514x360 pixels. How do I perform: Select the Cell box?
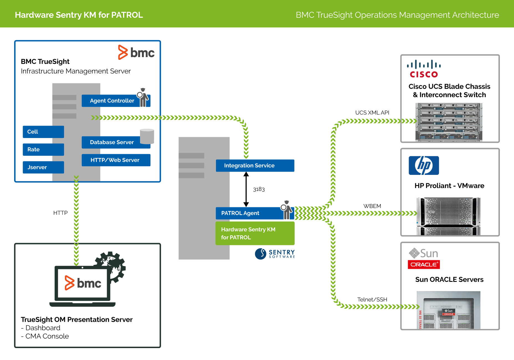(43, 132)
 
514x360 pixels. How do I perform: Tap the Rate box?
(43, 149)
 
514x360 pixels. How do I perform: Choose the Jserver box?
(43, 167)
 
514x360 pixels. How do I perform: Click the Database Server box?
(112, 142)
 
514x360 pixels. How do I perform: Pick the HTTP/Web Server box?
(116, 160)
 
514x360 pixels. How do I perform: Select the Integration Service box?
(255, 165)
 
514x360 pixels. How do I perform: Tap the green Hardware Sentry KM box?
(255, 233)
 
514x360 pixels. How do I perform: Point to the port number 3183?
(259, 189)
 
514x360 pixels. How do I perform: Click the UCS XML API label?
(372, 113)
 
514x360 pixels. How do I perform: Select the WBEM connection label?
(372, 206)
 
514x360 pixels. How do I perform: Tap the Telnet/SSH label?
(372, 299)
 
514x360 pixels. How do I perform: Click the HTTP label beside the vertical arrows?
(60, 213)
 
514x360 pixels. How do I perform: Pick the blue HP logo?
(424, 165)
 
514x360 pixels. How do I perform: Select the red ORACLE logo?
(424, 264)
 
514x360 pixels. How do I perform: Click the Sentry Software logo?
(275, 254)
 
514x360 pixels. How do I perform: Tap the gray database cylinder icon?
(147, 136)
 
